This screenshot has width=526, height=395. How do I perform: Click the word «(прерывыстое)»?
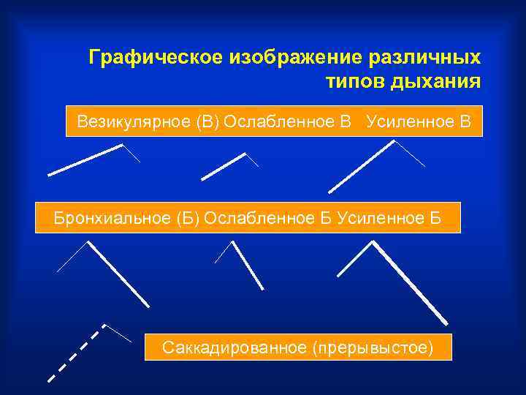[373, 346]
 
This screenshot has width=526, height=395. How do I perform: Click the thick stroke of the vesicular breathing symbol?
[85, 160]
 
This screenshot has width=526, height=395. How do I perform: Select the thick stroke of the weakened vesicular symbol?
[223, 167]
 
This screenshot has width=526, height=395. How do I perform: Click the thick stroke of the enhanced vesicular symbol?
[362, 166]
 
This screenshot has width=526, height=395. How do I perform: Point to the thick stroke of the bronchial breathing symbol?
[118, 274]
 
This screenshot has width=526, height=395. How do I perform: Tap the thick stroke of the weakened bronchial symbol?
[248, 266]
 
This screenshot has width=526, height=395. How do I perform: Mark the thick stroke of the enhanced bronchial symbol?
[410, 282]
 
